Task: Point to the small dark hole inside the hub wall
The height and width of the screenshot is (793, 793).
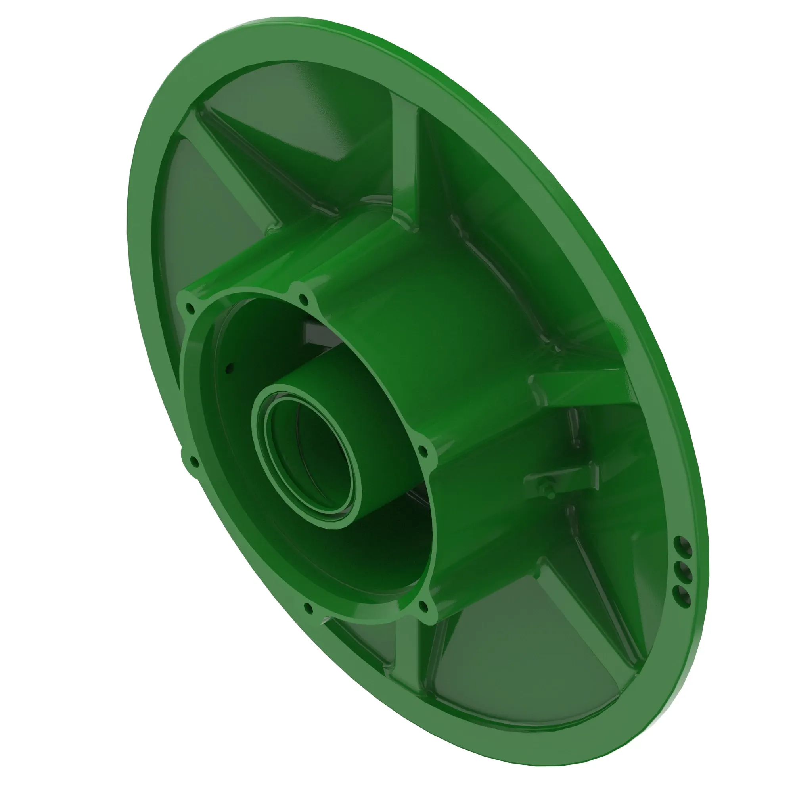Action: pyautogui.click(x=230, y=366)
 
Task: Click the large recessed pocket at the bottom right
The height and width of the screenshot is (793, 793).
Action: pyautogui.click(x=525, y=673)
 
